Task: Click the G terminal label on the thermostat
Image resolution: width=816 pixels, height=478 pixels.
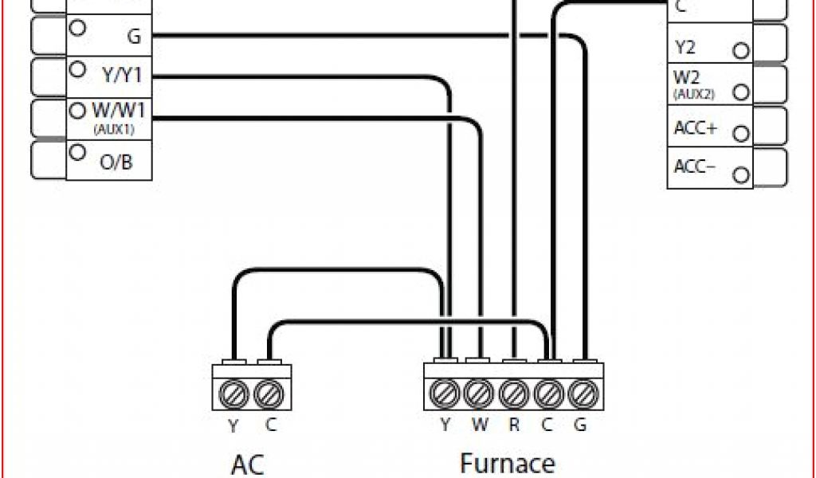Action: click(x=133, y=36)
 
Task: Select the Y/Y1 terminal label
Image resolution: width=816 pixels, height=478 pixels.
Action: click(x=122, y=76)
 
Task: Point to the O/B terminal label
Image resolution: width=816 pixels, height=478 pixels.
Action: click(x=116, y=163)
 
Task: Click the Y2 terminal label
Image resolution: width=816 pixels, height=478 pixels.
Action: click(x=685, y=48)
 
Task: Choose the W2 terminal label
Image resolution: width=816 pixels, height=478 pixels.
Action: click(x=686, y=78)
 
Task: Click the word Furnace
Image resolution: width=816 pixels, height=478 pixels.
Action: click(x=507, y=464)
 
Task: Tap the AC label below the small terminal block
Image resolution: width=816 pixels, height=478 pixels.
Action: click(x=247, y=464)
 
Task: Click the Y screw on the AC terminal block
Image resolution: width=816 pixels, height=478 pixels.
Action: click(x=232, y=394)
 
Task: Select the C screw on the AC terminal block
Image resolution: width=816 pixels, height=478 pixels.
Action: click(x=269, y=394)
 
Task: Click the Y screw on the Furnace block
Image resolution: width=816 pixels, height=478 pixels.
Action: click(x=445, y=394)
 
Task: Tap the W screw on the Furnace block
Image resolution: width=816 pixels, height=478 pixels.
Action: click(x=479, y=394)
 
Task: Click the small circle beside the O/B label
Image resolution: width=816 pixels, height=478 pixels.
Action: click(x=77, y=151)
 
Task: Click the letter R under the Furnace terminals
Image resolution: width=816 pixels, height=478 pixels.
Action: click(x=514, y=425)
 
